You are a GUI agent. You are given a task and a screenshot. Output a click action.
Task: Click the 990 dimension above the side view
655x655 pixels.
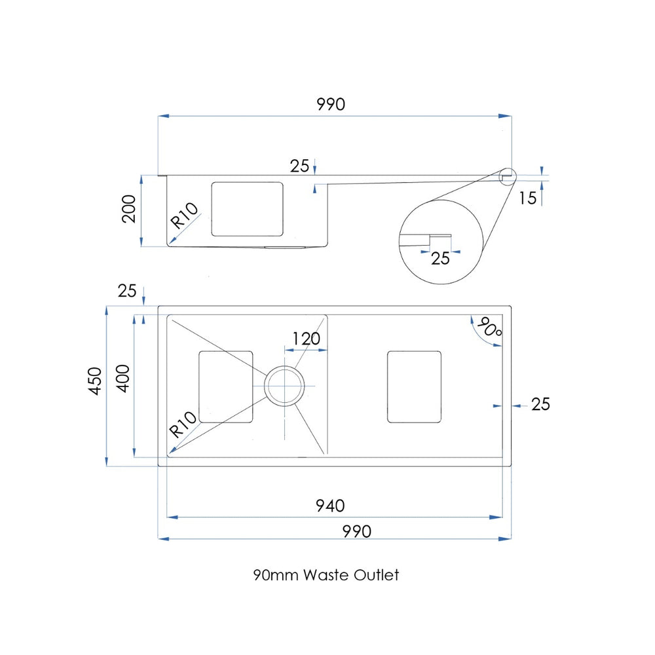pyautogui.click(x=331, y=104)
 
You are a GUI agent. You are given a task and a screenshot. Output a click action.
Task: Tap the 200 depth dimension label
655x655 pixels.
pyautogui.click(x=129, y=209)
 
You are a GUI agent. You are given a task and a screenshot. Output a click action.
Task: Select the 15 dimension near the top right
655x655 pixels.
pyautogui.click(x=527, y=198)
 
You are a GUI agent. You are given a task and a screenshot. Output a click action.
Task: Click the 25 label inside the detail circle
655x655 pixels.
pyautogui.click(x=440, y=259)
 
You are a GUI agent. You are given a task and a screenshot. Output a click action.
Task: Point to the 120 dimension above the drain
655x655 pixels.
pyautogui.click(x=306, y=339)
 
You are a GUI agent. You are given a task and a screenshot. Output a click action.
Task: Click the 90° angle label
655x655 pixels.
pyautogui.click(x=489, y=327)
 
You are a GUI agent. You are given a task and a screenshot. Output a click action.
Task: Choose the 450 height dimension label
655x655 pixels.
pyautogui.click(x=95, y=381)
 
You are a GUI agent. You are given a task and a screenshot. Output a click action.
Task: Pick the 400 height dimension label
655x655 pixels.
pyautogui.click(x=123, y=379)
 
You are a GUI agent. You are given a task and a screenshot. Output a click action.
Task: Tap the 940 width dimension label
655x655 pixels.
pyautogui.click(x=330, y=506)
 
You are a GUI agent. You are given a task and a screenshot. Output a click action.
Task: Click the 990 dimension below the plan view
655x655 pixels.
pyautogui.click(x=357, y=531)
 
